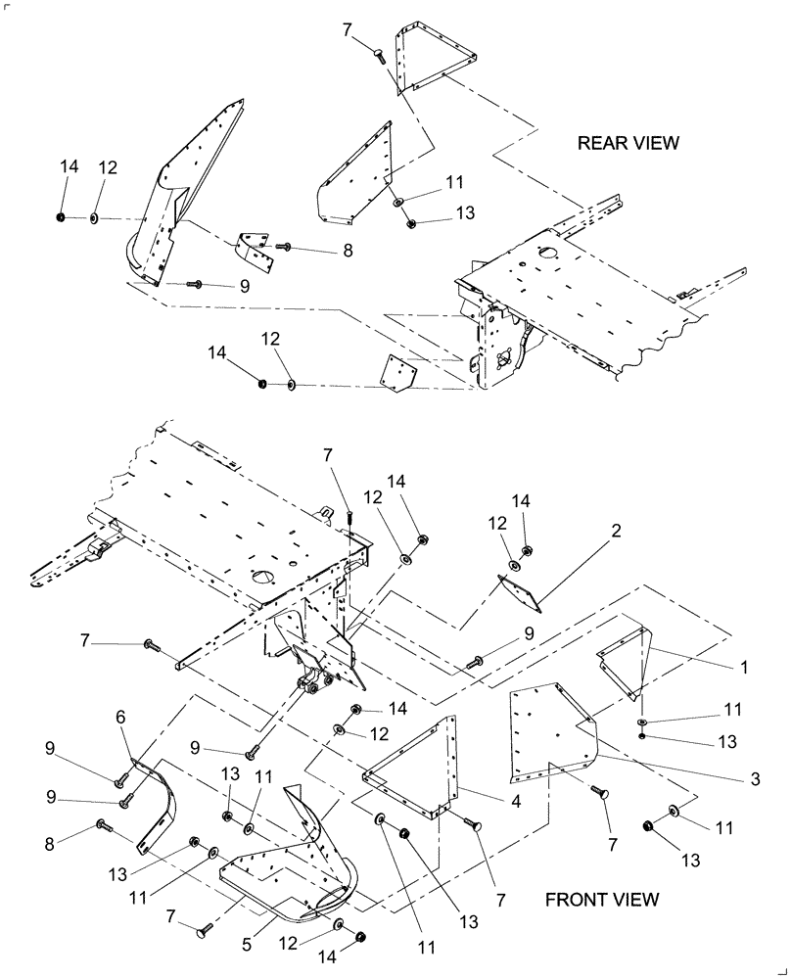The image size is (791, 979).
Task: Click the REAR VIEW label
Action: point(628,143)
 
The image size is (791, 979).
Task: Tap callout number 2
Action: point(616,532)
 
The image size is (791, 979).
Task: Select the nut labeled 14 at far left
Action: point(60,216)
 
